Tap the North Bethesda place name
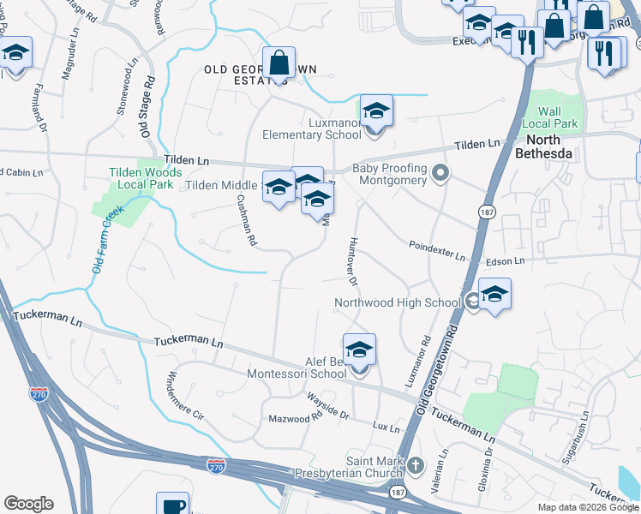tap(542, 146)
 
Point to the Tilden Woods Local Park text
tap(143, 178)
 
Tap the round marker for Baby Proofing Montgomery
tap(441, 175)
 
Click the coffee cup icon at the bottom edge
tap(172, 505)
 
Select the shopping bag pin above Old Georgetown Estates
tap(279, 63)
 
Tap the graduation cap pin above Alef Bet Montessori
tap(360, 350)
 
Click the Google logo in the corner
tap(28, 504)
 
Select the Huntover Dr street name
tap(354, 261)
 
